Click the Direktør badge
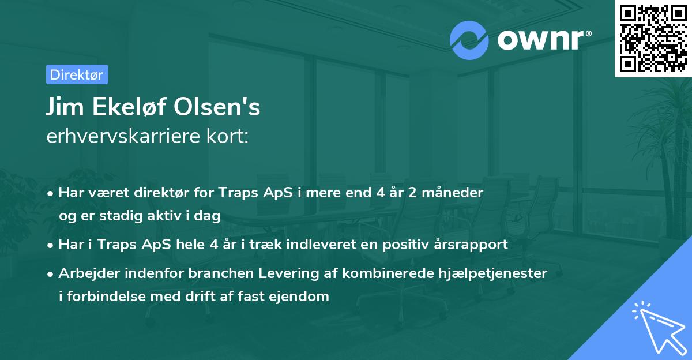(77, 74)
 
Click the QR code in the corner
(653, 38)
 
